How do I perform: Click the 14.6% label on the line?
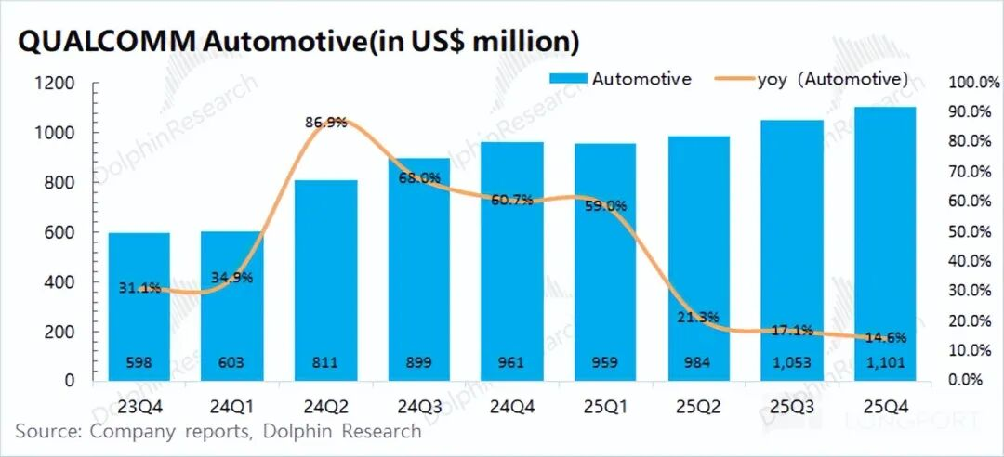(x=884, y=337)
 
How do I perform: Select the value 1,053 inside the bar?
(x=791, y=364)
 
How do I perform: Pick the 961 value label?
(x=511, y=364)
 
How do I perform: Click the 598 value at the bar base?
(x=139, y=364)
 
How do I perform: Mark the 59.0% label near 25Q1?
(x=604, y=206)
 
